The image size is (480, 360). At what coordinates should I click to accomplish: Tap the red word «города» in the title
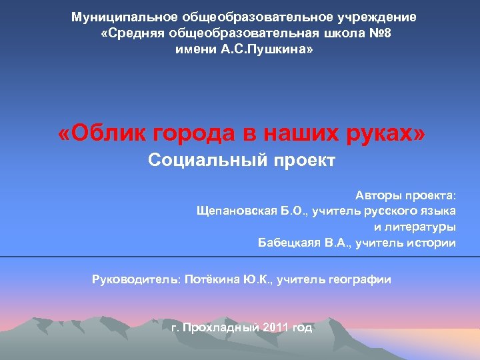pyautogui.click(x=194, y=134)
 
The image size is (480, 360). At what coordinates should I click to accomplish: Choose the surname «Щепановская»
pyautogui.click(x=236, y=211)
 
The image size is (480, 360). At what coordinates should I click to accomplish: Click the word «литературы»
pyautogui.click(x=421, y=227)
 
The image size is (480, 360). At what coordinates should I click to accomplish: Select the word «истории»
pyautogui.click(x=431, y=243)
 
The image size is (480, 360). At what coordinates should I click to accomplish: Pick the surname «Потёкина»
pyautogui.click(x=211, y=280)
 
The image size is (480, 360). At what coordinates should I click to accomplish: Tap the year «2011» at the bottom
pyautogui.click(x=277, y=328)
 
